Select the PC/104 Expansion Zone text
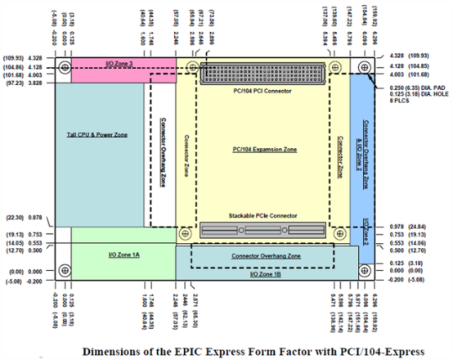coord(264,150)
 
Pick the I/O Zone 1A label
coord(124,254)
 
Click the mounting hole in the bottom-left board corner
coord(62,268)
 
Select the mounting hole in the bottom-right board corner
coord(362,268)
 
